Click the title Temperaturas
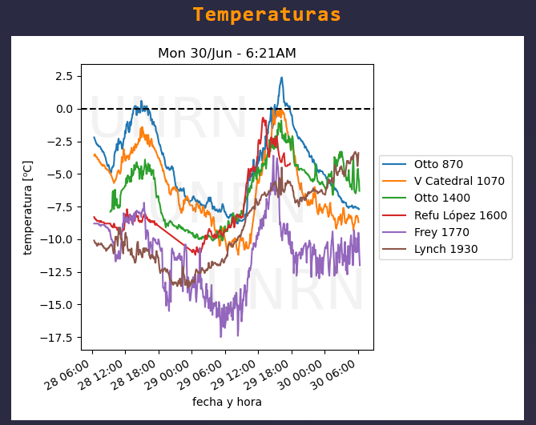coord(267,15)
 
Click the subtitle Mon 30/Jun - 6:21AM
coord(227,54)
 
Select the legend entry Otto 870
coord(438,165)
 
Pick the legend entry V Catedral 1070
coord(459,181)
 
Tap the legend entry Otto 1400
coord(441,198)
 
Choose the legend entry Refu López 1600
coord(461,215)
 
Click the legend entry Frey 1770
coord(441,232)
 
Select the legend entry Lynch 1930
coord(445,249)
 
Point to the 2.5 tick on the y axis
coord(63,76)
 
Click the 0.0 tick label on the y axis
coord(63,109)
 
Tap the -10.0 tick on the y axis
coord(58,239)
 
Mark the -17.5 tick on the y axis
coord(58,337)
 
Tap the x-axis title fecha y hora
coord(227,402)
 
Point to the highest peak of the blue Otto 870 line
coord(281,78)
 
